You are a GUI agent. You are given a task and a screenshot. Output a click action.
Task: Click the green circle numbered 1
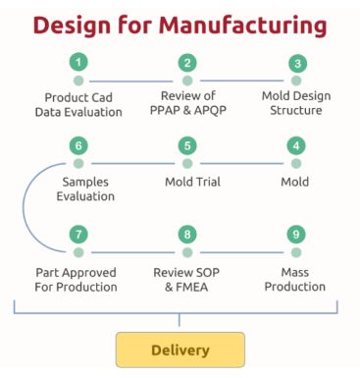[77, 63]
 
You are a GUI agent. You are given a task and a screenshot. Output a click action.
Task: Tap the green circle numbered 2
[186, 63]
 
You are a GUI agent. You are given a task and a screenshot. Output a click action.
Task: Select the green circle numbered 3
[295, 63]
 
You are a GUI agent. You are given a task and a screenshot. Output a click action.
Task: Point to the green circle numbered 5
[186, 145]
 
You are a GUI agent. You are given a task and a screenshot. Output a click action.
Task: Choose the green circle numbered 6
[77, 145]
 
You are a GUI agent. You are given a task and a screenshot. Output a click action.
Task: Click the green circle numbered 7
[77, 235]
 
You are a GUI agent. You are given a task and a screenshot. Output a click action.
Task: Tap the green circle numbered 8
[186, 235]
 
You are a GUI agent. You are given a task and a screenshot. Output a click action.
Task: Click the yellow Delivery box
[180, 350]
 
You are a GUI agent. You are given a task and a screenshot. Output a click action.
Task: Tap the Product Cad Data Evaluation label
[83, 104]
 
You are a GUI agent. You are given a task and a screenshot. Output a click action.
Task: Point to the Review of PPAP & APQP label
[186, 104]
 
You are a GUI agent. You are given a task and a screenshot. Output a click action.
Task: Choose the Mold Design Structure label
[295, 104]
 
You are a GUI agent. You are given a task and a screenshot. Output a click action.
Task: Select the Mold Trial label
[186, 182]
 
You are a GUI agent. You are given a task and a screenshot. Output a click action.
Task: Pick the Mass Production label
[295, 279]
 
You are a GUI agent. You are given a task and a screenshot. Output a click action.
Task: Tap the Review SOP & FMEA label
[186, 279]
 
